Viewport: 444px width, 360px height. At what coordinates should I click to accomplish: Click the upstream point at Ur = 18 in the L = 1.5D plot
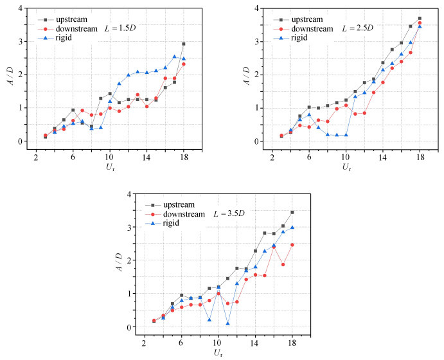click(x=184, y=44)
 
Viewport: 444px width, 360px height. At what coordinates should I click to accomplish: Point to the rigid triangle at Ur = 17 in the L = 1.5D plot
click(x=175, y=57)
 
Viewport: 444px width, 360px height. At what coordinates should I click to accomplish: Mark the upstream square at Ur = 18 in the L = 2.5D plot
click(x=420, y=19)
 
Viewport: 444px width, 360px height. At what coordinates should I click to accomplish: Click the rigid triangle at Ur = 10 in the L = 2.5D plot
click(x=346, y=135)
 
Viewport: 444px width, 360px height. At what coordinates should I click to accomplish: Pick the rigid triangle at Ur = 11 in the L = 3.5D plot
click(x=227, y=323)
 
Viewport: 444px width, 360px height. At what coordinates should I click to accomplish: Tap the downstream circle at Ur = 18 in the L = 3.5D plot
click(x=292, y=245)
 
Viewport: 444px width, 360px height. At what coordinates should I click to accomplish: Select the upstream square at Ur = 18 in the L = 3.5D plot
click(x=292, y=212)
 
